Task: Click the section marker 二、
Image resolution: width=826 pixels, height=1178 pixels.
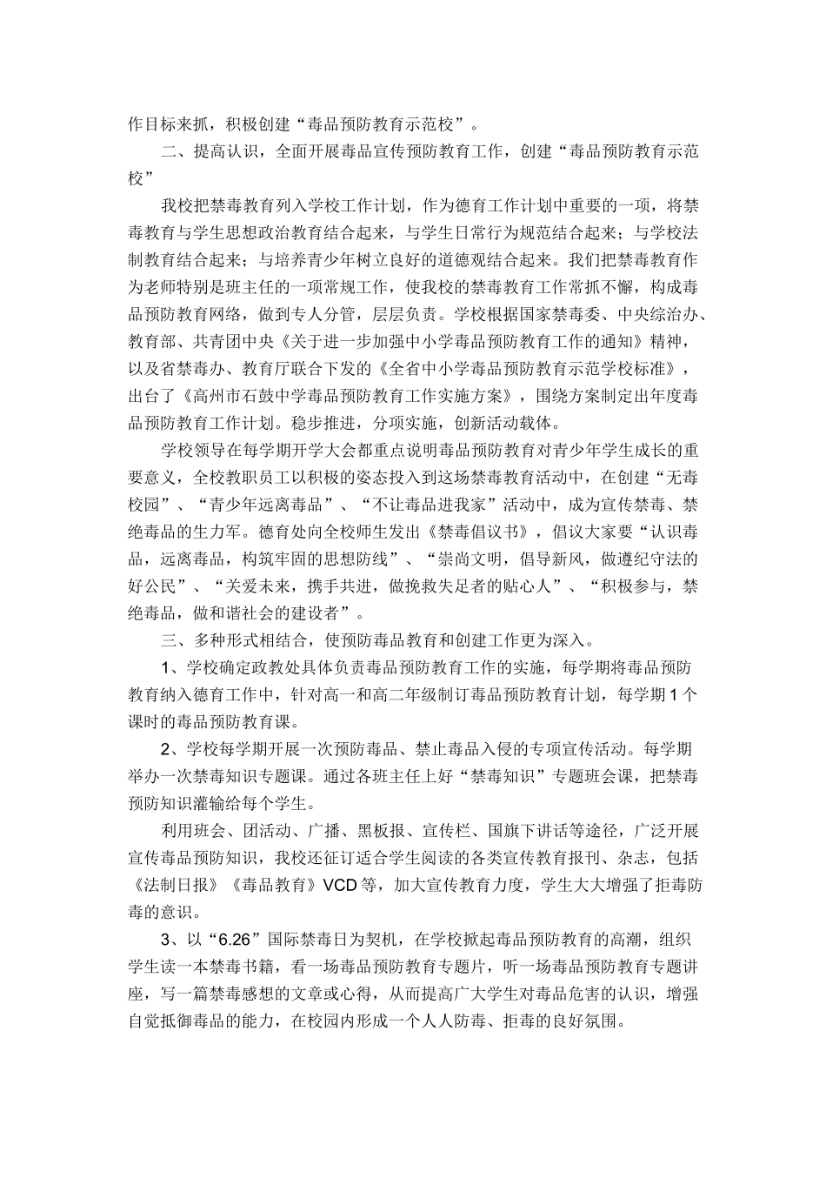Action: [171, 151]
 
